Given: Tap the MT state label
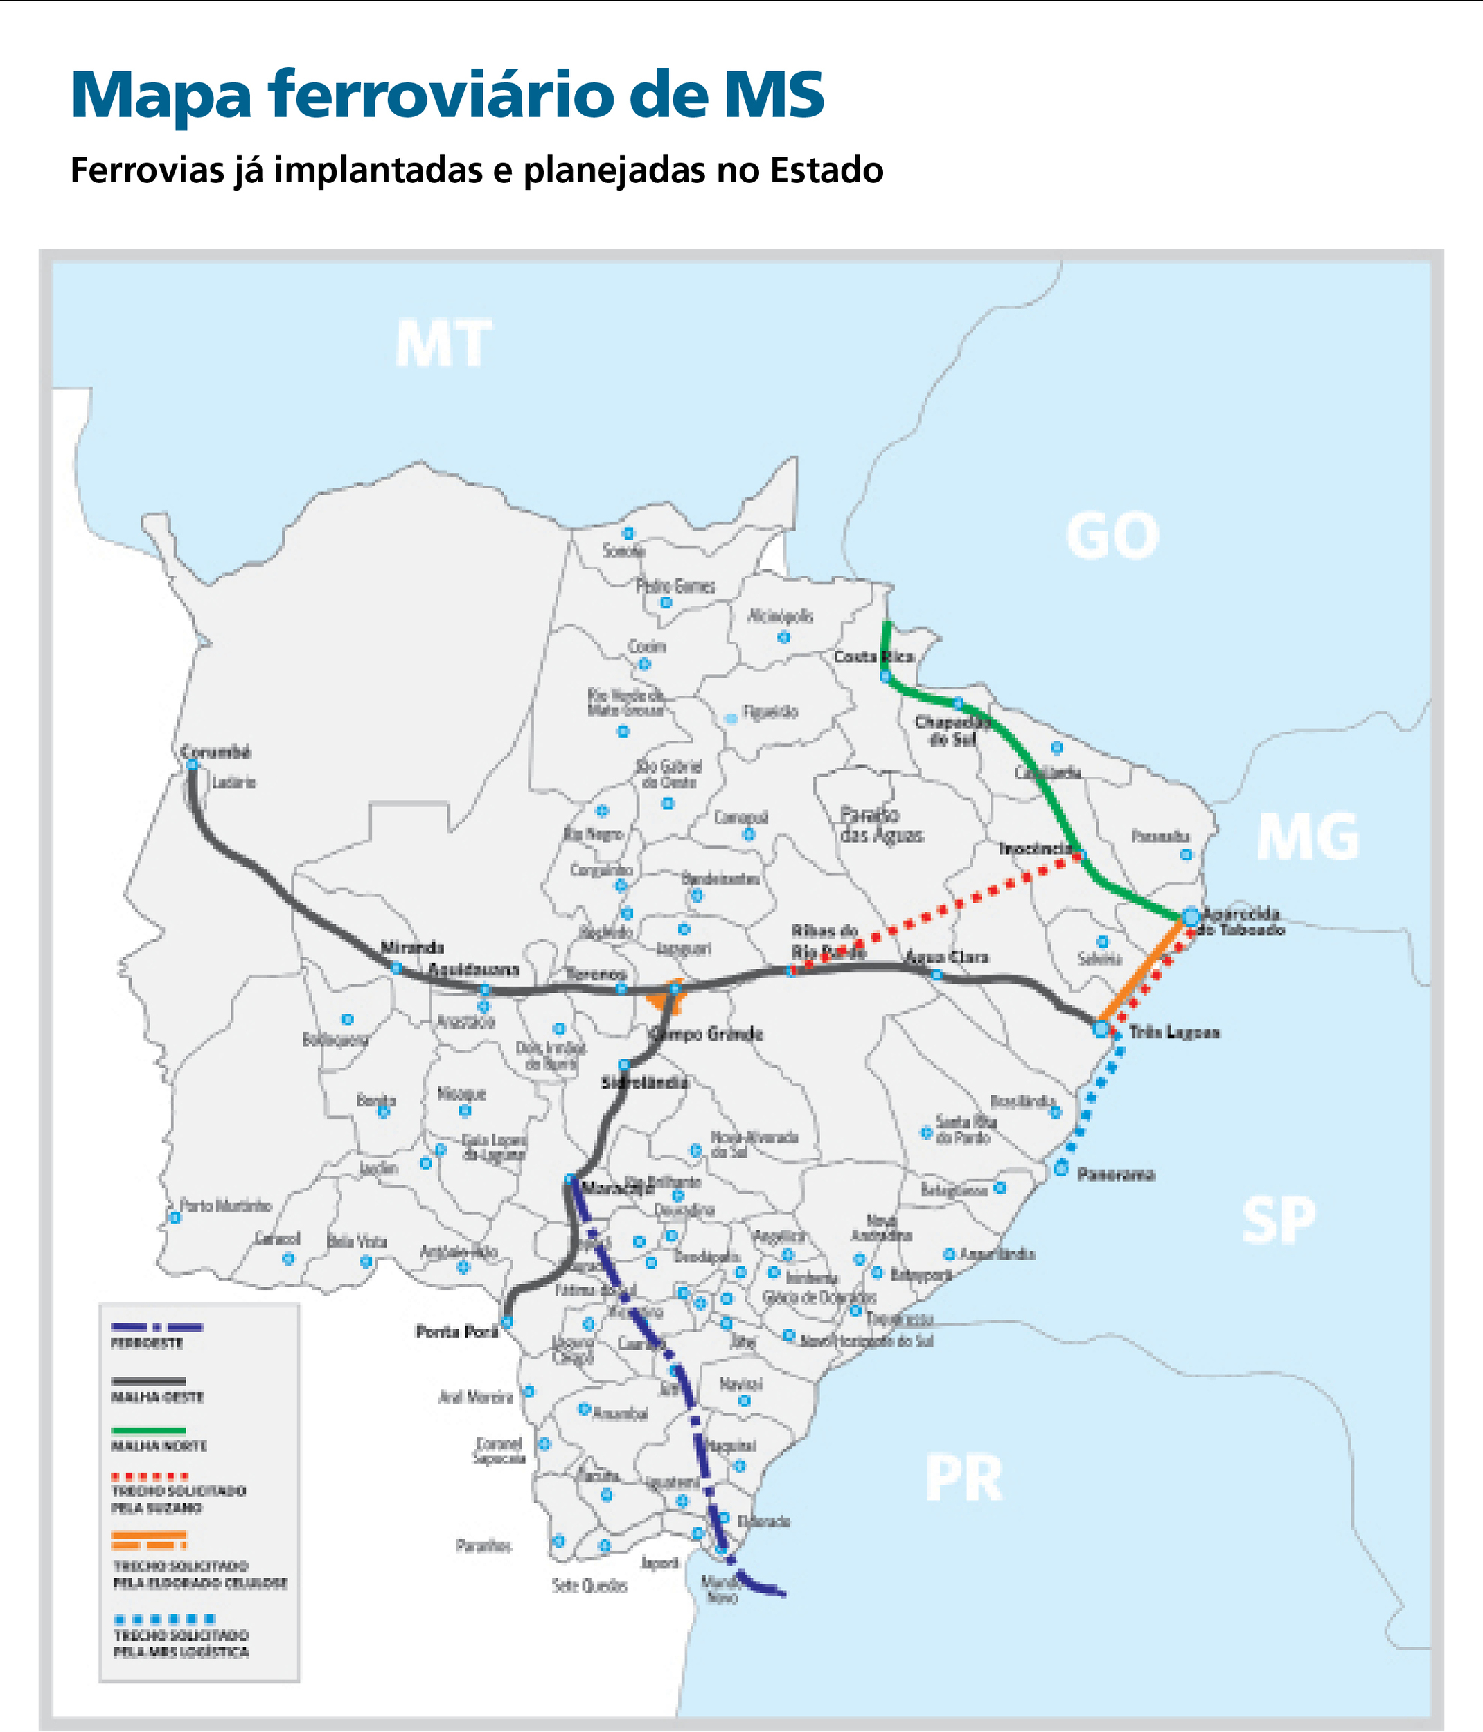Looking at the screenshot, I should tap(443, 344).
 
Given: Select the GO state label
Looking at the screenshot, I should tap(1112, 536).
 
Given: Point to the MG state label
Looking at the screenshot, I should tap(1308, 837).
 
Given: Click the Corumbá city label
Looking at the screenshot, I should tap(215, 752).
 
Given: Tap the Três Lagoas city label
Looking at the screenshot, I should tap(1173, 1032).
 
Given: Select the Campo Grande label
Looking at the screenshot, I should tap(707, 1034).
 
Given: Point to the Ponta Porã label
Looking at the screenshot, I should tap(456, 1331).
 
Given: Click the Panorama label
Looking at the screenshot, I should tap(1115, 1174).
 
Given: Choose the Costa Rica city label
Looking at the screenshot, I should tap(873, 656).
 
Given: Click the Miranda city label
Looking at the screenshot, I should tap(412, 947).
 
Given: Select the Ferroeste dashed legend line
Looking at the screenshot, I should tap(157, 1327).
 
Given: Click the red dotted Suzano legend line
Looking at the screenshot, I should tap(150, 1476).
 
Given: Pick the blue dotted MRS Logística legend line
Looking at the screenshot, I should tap(165, 1618).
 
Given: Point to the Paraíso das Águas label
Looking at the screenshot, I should tap(882, 824).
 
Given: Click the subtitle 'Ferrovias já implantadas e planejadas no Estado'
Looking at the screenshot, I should tap(477, 170).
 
